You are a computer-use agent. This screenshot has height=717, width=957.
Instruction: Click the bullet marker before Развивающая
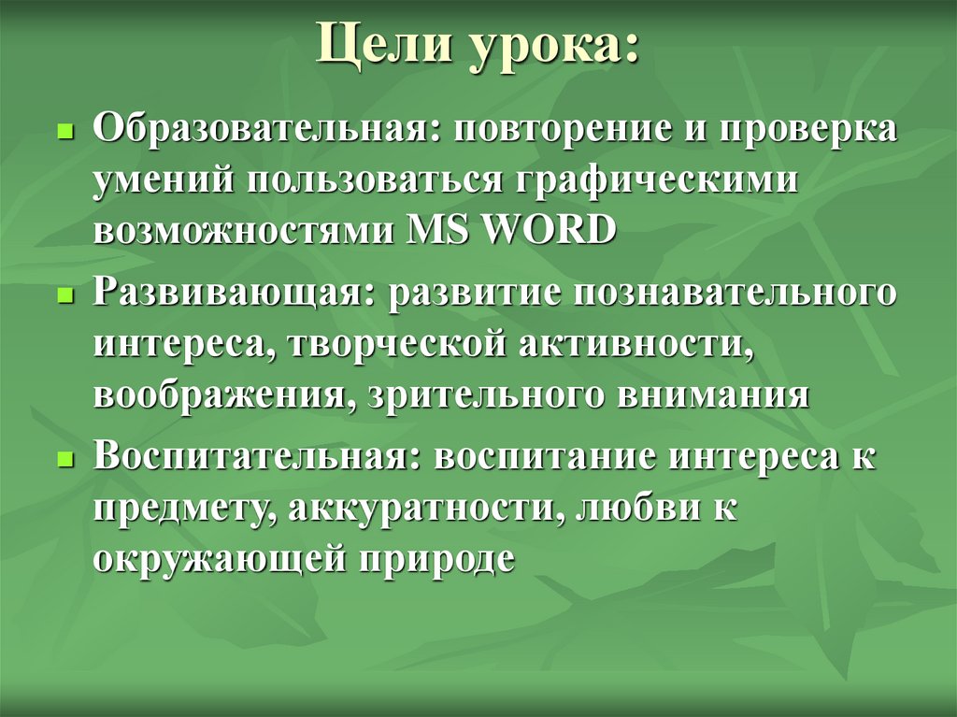tap(64, 294)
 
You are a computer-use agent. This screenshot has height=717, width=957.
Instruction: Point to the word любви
tap(627, 509)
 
